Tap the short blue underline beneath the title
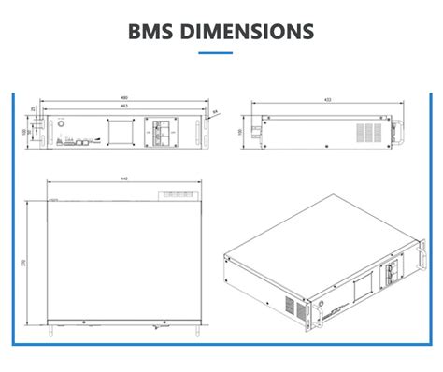coord(221,51)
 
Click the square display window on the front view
coord(121,135)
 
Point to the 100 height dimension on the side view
coord(240,132)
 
